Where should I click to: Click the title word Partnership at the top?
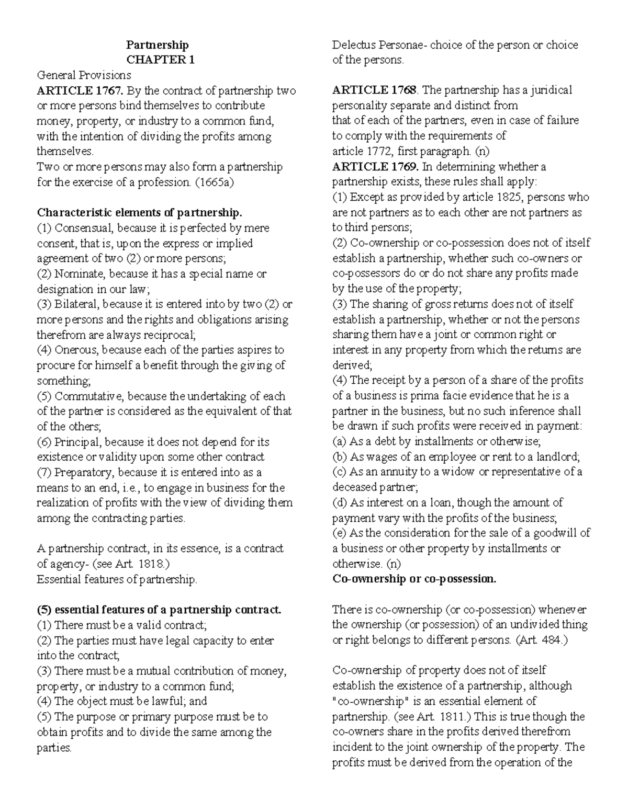tap(157, 45)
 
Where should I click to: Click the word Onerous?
tap(76, 350)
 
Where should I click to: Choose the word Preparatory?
tap(84, 473)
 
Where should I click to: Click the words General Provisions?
tap(84, 75)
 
